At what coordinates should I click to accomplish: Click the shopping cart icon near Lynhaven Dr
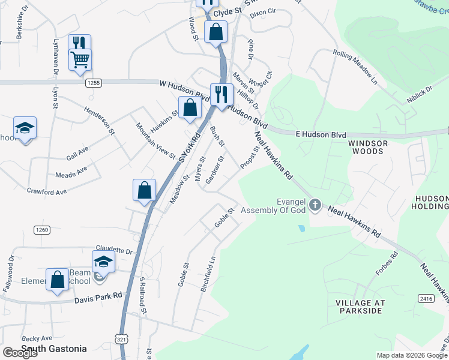tap(80, 59)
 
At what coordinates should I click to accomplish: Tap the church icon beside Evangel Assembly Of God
tap(315, 206)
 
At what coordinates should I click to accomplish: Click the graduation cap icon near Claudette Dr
tap(103, 261)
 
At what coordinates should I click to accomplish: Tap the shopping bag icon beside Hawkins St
tap(190, 108)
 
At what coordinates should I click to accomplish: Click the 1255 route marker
tap(92, 82)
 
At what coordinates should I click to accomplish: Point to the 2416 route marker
tap(426, 298)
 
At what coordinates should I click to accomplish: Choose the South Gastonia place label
tap(54, 349)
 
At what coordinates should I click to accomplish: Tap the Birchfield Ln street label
tap(211, 272)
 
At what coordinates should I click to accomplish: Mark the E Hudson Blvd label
tap(322, 136)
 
